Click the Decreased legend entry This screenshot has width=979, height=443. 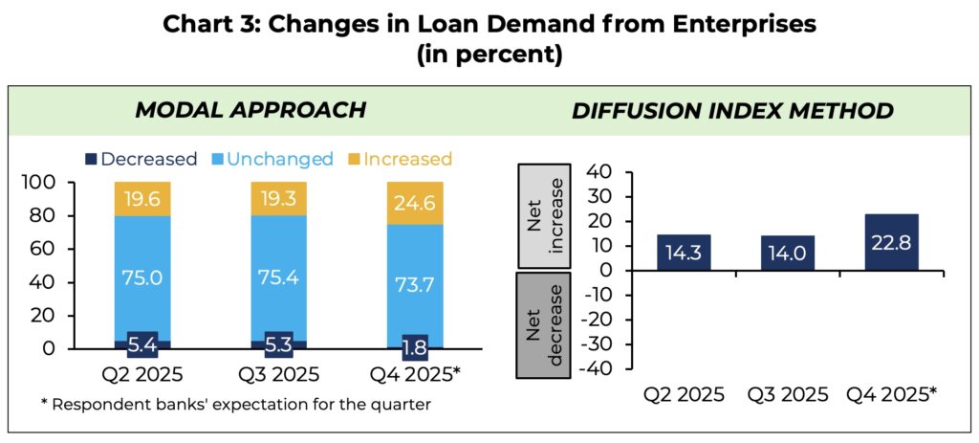point(141,159)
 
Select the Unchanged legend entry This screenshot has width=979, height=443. point(271,159)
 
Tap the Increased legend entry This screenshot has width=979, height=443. point(399,159)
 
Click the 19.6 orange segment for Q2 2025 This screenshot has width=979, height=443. point(142,198)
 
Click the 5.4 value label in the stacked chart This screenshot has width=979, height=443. point(142,342)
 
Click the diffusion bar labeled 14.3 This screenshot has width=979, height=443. point(684,253)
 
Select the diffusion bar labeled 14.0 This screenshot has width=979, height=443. point(788,254)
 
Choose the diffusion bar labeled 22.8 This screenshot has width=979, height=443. point(892,242)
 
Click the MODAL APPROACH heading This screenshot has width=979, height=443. point(250,110)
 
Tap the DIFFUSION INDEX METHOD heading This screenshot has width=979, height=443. point(732,110)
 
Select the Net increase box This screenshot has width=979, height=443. point(551,216)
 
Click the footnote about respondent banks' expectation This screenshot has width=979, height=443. point(235,404)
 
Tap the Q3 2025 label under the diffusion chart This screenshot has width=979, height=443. point(788,394)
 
